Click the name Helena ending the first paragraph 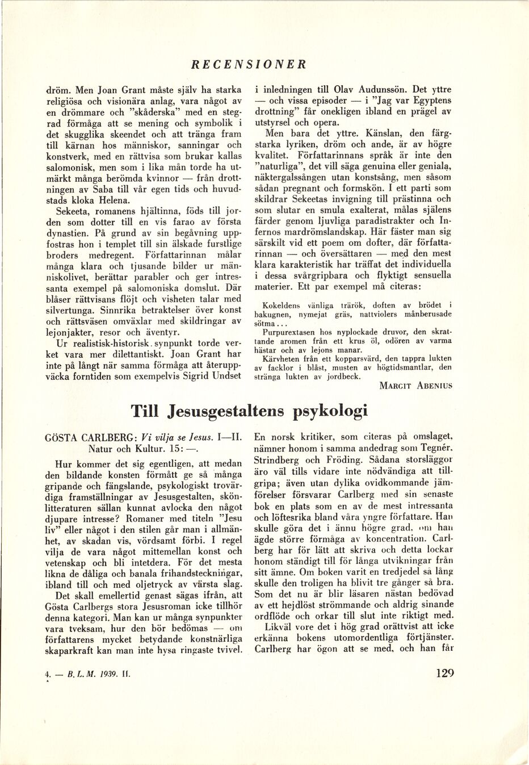coord(115,200)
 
